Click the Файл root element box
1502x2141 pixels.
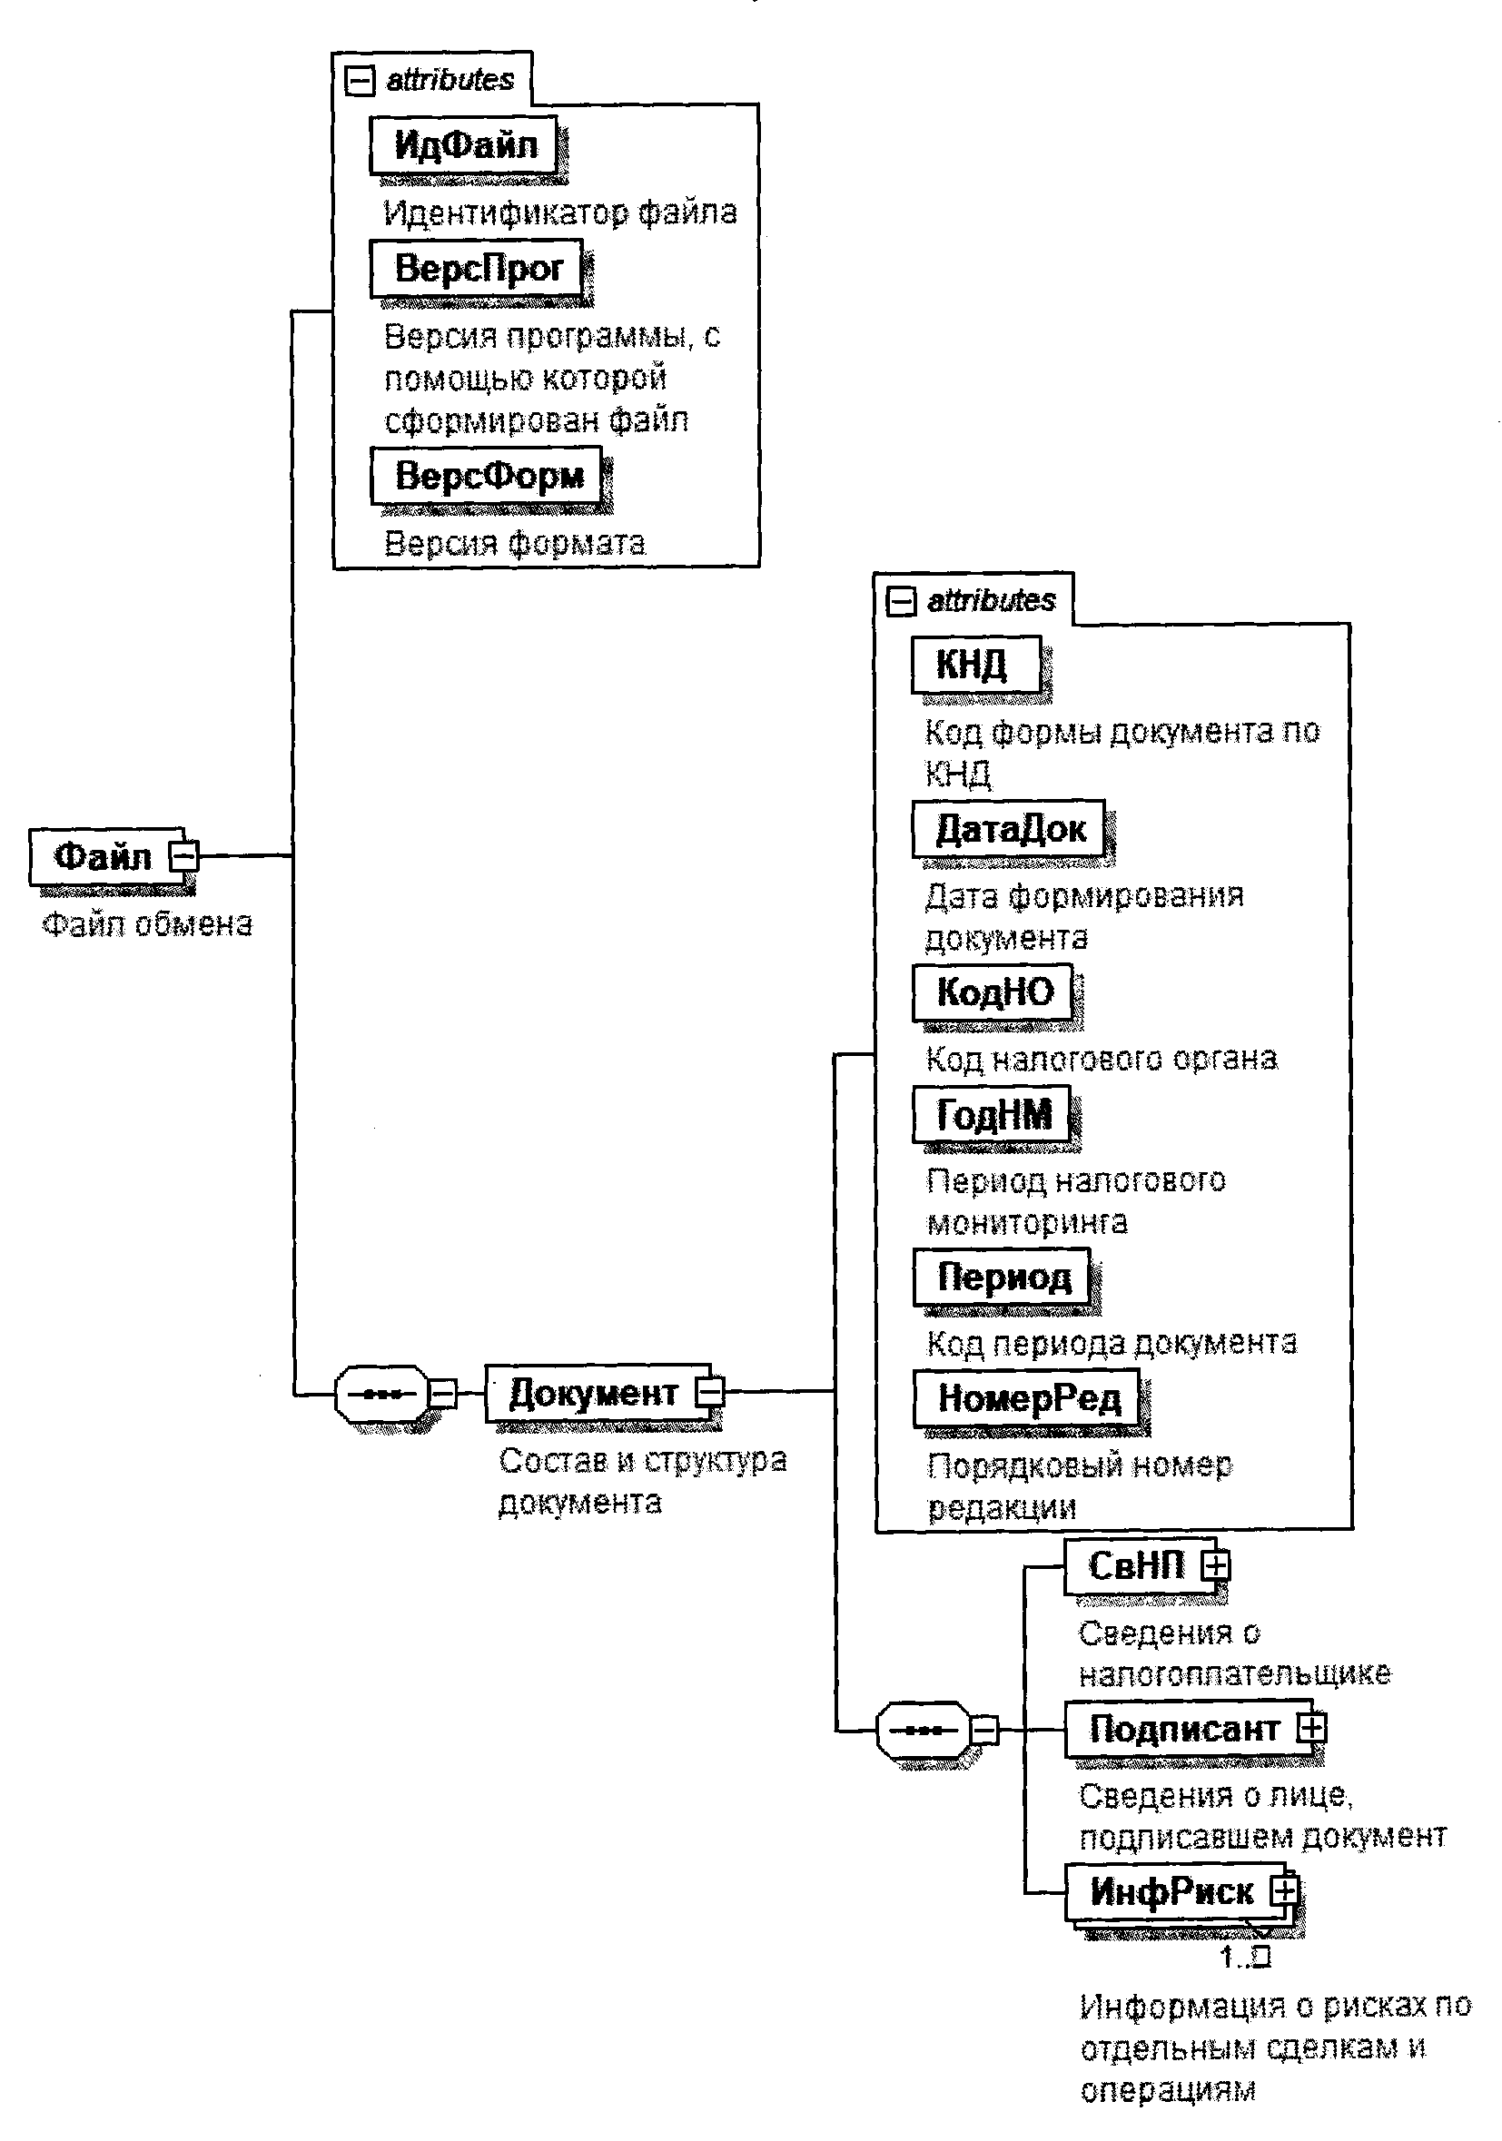[103, 855]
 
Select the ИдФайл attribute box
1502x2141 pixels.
[464, 144]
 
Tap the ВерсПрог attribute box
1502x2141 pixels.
[478, 269]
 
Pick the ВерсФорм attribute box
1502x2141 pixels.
[488, 476]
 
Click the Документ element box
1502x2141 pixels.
[593, 1392]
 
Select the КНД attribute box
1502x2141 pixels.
[974, 664]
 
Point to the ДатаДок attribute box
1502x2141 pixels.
[1009, 828]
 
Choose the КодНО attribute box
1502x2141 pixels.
[993, 992]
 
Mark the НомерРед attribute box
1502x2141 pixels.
[1026, 1397]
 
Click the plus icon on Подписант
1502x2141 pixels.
[1312, 1728]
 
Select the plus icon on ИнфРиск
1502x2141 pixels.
[1285, 1890]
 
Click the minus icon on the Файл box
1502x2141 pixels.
[184, 855]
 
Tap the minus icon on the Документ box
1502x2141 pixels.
[711, 1392]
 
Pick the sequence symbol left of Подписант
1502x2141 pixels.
[923, 1731]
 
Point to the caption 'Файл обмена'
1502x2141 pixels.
[147, 924]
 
